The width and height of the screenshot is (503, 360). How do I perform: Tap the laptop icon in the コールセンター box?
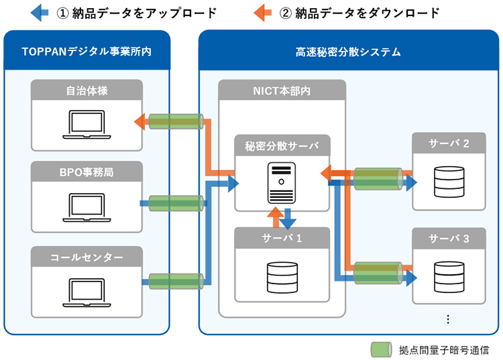(x=87, y=290)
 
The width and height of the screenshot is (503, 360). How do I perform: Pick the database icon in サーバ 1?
(x=282, y=276)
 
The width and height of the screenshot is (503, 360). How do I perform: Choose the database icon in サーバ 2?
(x=447, y=180)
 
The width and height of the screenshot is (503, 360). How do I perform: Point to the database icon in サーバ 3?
(x=447, y=275)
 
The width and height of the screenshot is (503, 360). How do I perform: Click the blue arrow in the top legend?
(x=40, y=12)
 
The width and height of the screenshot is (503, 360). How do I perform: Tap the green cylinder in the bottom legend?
(x=380, y=349)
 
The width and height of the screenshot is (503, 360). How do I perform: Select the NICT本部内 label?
(x=281, y=90)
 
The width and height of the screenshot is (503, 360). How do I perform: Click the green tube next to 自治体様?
(x=176, y=122)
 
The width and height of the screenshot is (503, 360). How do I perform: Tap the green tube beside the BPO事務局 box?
(x=176, y=203)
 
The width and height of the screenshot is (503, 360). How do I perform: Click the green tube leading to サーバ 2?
(x=377, y=180)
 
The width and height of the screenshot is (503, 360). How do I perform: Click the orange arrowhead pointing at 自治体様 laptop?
(x=141, y=122)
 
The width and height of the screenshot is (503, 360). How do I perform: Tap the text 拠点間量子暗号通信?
(x=444, y=349)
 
